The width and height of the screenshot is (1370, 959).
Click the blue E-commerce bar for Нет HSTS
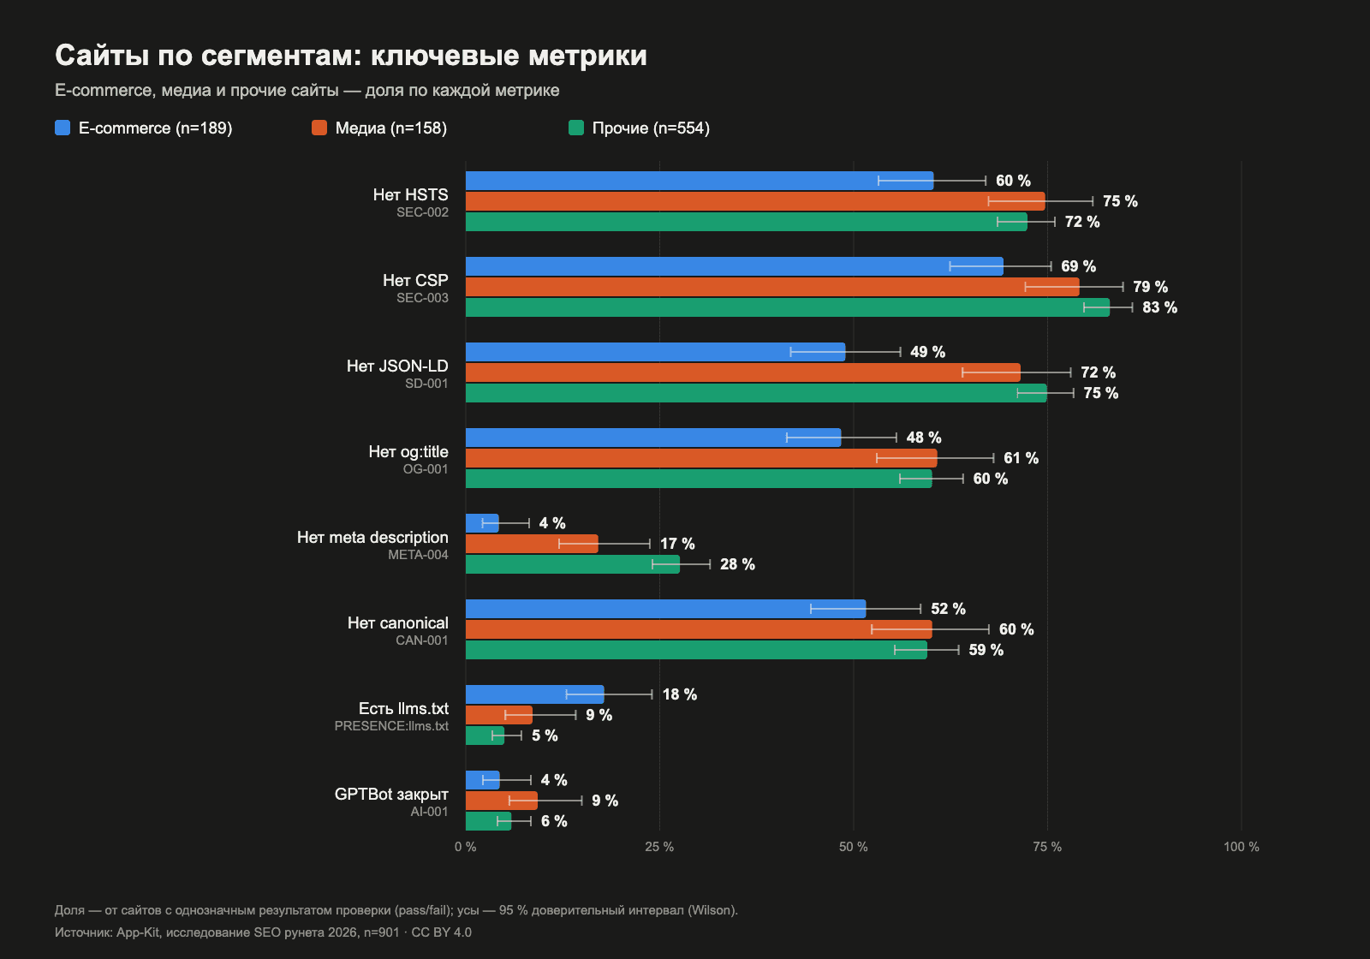coord(700,181)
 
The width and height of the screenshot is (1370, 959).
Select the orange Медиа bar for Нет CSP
coord(772,287)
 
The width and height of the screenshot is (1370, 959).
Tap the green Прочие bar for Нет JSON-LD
coord(757,393)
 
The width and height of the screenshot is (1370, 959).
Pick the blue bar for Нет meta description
coord(483,523)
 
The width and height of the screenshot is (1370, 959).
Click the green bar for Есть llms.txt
coord(485,736)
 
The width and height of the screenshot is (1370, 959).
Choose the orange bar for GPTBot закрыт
coord(502,801)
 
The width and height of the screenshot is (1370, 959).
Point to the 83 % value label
coord(1159,307)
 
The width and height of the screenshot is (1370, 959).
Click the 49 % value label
coord(927,352)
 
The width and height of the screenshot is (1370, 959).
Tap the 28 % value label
coord(737,564)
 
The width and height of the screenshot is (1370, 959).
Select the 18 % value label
coord(680,694)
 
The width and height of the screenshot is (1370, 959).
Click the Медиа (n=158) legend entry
coord(379,128)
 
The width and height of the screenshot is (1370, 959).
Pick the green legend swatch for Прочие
coord(576,128)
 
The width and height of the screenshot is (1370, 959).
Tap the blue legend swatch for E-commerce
coord(63,128)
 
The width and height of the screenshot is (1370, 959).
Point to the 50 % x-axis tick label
coord(853,847)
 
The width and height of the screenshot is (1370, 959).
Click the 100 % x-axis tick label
coord(1241,847)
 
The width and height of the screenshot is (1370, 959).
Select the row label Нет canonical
coord(397,622)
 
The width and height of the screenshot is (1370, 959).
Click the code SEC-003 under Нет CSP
coord(422,298)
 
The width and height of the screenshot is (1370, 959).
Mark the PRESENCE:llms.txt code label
coord(391,726)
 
